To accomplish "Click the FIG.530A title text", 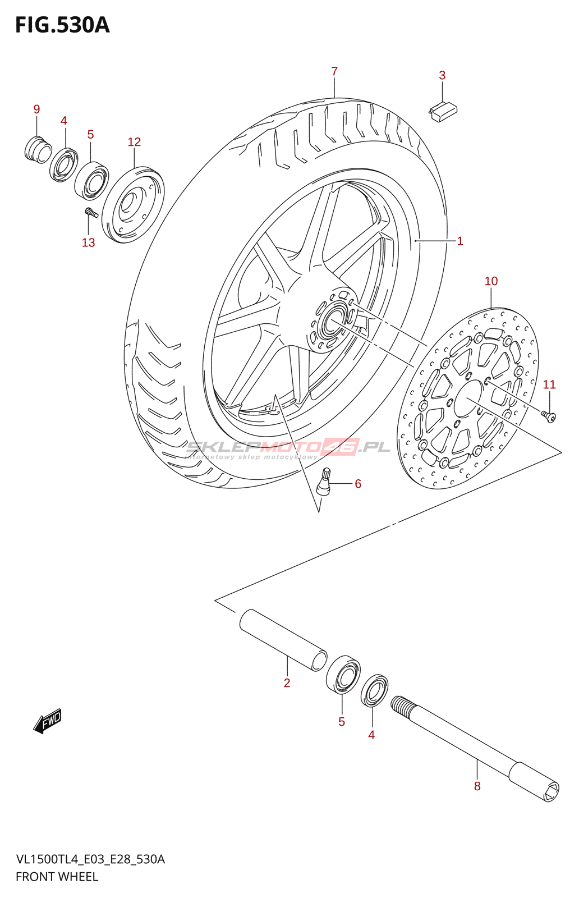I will coord(62,25).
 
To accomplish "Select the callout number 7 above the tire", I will coord(334,71).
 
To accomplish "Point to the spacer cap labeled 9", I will coord(38,148).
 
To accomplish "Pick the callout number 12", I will coord(134,142).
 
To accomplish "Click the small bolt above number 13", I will coord(91,213).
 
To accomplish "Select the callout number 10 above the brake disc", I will coord(491,281).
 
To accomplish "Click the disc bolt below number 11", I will coord(549,416).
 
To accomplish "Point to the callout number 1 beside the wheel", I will coord(460,241).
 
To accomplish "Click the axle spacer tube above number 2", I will coord(283,640).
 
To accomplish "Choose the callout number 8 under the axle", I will coord(477,786).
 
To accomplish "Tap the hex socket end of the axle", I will coord(550,791).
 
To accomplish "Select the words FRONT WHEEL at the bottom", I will coord(57,877).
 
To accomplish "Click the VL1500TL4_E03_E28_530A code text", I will coord(90,859).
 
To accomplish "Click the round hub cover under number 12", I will coord(133,204).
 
